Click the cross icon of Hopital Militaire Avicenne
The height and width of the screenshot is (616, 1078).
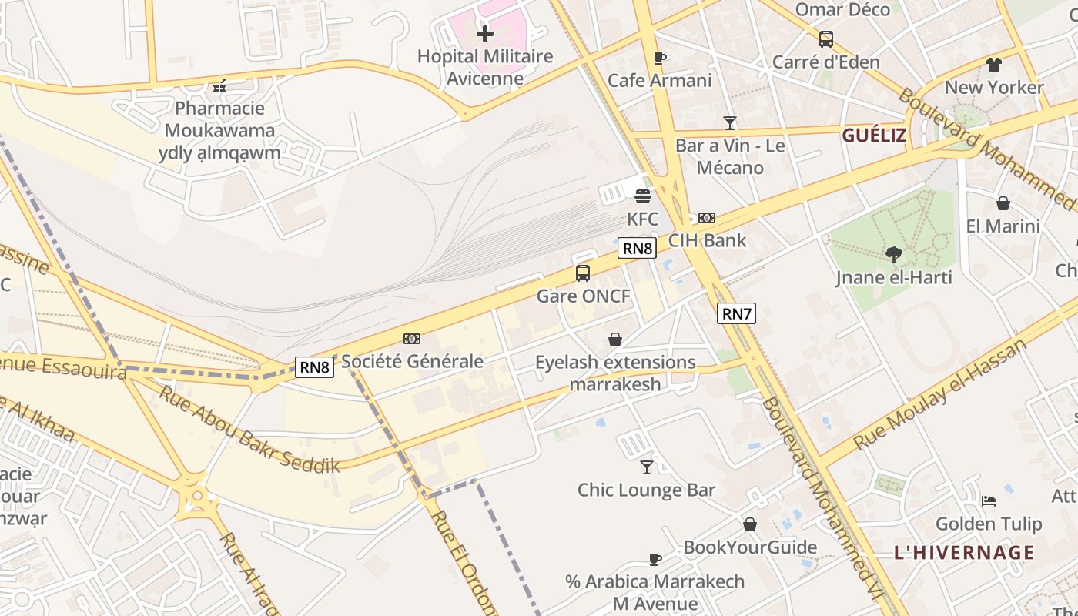[485, 34]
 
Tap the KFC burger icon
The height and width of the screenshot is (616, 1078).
[643, 196]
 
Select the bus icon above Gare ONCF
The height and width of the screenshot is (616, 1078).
[583, 273]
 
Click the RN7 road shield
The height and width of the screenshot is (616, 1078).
[736, 313]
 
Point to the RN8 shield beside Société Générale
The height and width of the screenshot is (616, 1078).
[315, 367]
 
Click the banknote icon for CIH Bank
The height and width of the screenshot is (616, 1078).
[707, 218]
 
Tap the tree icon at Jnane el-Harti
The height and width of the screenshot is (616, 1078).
[894, 254]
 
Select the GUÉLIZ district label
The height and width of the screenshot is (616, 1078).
[874, 136]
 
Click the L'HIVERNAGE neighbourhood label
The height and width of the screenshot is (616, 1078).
[964, 553]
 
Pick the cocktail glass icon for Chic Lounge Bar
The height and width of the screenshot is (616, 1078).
[647, 467]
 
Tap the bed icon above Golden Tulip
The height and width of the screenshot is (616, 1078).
[989, 500]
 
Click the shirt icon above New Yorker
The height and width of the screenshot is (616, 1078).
[994, 65]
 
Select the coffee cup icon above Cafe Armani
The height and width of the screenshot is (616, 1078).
[659, 58]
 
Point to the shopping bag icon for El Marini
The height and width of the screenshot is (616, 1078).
[1003, 203]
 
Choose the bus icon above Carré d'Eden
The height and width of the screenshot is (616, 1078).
[825, 38]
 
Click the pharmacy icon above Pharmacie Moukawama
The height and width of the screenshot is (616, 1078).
[219, 85]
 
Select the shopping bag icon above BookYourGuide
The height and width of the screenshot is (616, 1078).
[749, 524]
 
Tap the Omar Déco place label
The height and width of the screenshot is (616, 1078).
[842, 10]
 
